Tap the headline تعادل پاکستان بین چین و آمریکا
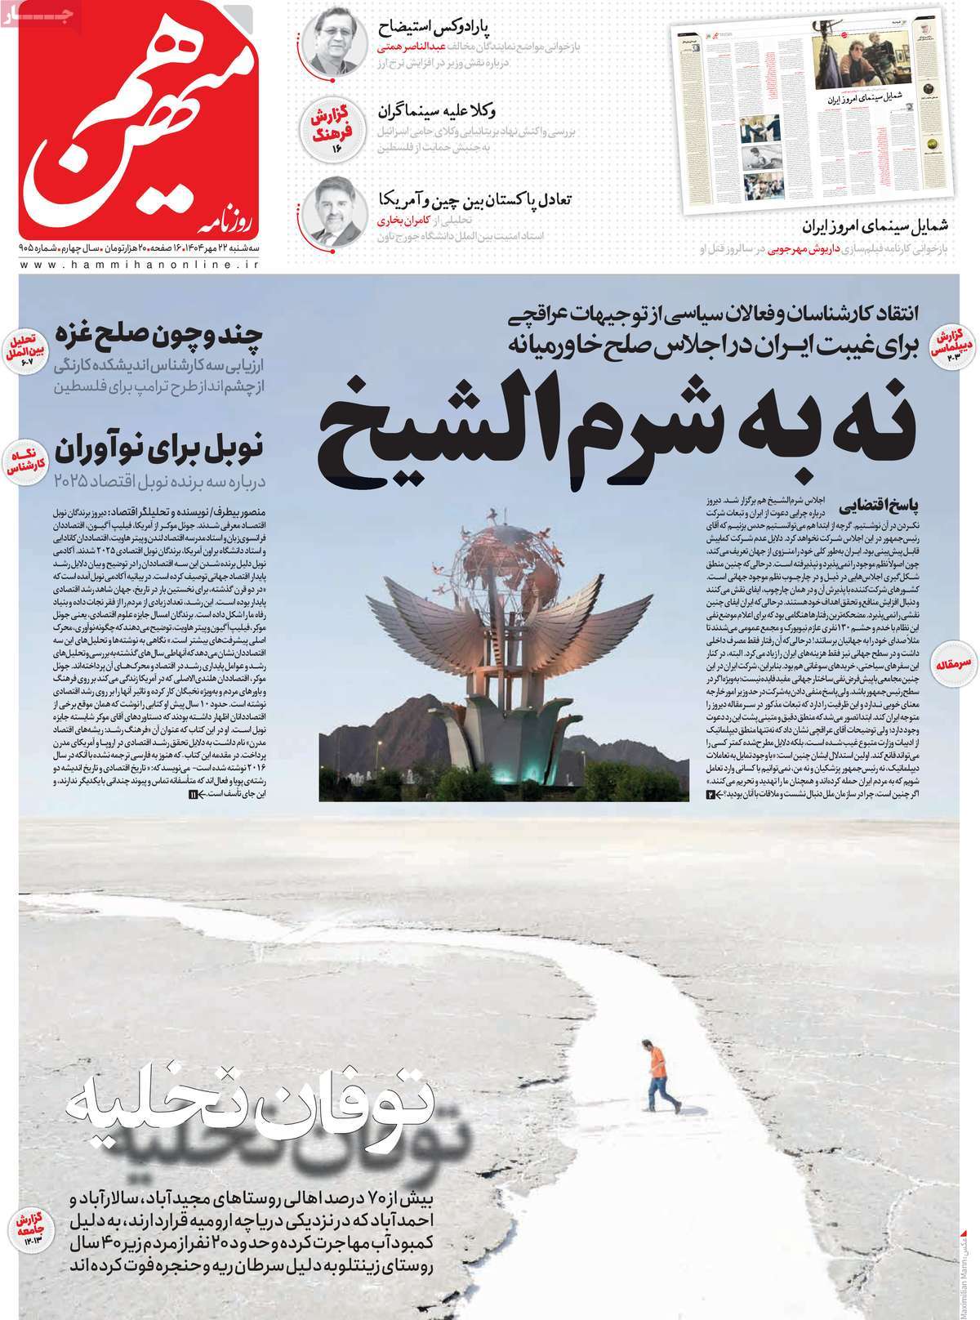[474, 199]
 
